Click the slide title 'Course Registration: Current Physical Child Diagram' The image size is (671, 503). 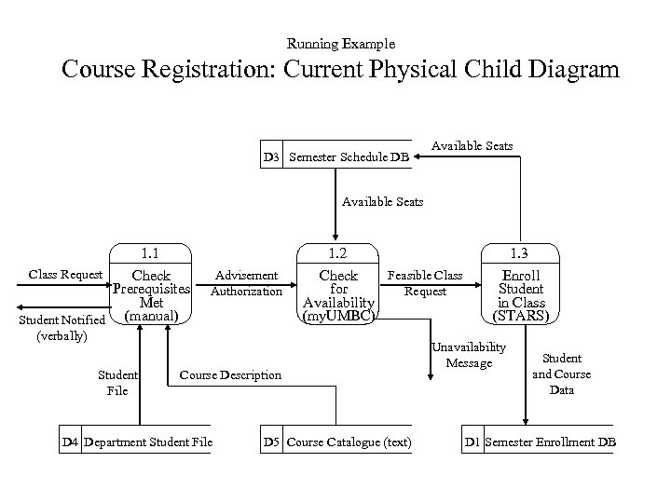pos(340,71)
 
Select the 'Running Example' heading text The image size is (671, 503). pos(341,44)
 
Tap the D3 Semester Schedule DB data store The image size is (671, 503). pos(337,157)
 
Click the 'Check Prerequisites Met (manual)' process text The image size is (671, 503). pos(151,296)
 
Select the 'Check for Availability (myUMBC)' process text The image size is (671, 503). pos(338,296)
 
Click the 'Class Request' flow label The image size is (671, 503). pos(66,275)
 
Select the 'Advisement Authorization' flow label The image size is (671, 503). pos(246,283)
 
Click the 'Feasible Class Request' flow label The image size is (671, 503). pos(425,283)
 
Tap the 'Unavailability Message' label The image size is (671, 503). pos(468,355)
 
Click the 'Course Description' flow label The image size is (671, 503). pos(229,375)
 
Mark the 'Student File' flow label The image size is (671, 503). pos(117,383)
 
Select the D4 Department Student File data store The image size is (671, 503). pos(137,442)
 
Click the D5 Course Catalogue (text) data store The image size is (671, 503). pos(337,442)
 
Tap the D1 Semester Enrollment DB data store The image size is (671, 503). pos(540,442)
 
